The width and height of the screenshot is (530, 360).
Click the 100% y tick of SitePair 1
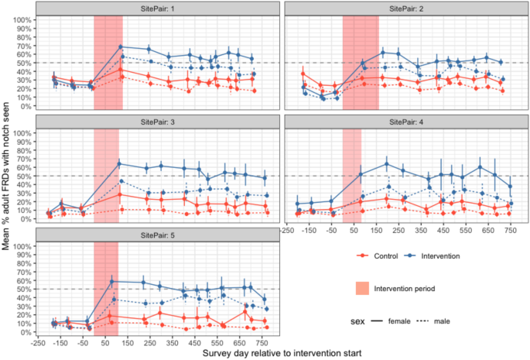22,19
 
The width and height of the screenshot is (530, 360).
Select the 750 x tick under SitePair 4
510,230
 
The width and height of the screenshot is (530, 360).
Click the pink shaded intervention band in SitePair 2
361,62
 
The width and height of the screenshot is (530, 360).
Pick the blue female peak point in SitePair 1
121,46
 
